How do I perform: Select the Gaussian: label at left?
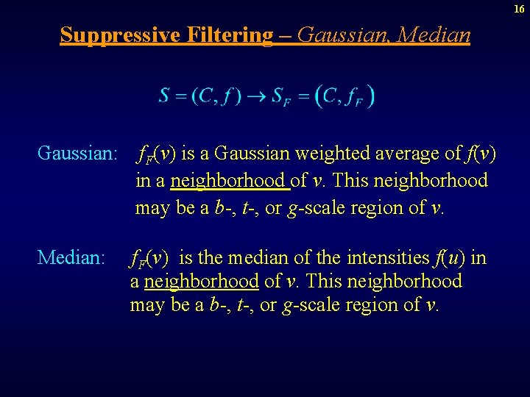78,154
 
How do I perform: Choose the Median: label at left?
71,257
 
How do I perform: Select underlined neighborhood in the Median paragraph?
202,282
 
